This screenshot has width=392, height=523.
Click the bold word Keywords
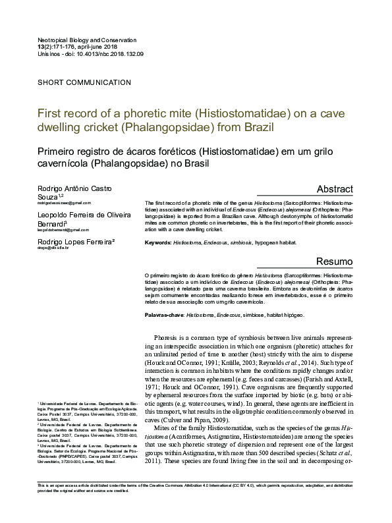157,242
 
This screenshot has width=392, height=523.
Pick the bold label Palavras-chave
164,316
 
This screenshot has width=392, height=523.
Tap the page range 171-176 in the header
55,48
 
